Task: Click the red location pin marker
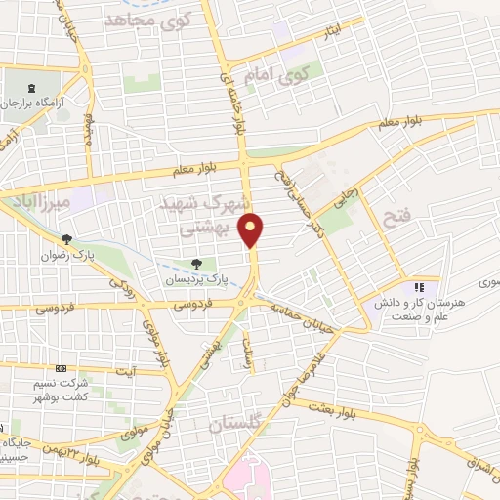pos(252,229)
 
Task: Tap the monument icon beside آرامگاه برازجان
pos(36,87)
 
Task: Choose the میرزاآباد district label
pos(40,202)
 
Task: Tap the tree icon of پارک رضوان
pos(67,238)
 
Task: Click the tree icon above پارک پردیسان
pos(197,263)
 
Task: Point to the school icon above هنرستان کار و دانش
pos(419,287)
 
